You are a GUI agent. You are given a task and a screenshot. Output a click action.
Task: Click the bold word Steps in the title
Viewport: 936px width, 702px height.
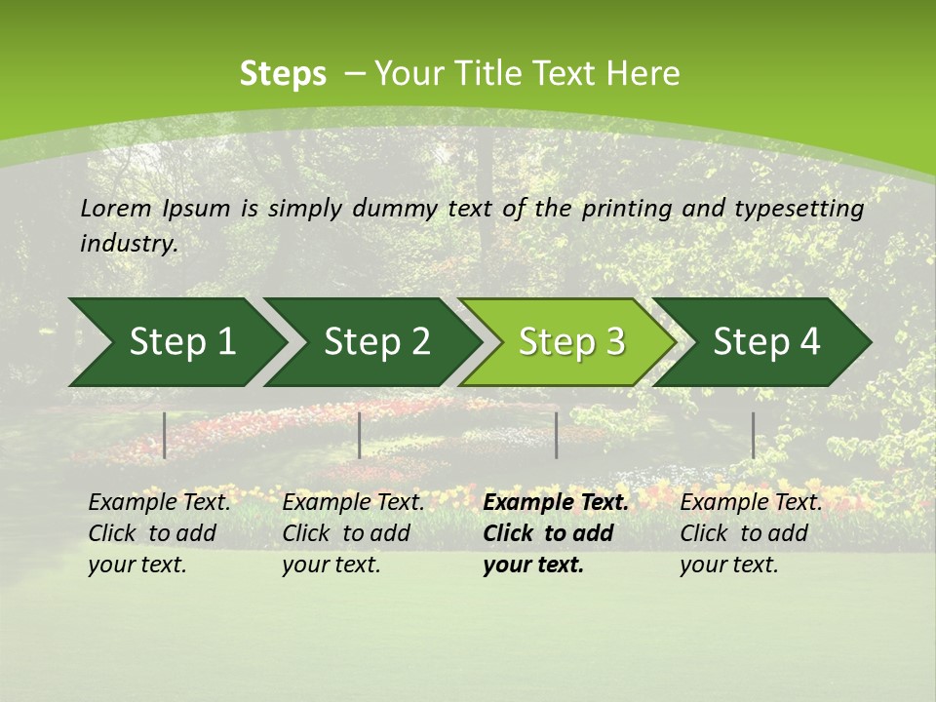283,74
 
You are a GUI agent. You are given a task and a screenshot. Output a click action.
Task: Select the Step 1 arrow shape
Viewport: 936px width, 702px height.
175,342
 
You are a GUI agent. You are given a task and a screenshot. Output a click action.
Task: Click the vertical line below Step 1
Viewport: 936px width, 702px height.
165,435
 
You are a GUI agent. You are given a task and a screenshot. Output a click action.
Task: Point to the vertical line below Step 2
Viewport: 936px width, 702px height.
360,435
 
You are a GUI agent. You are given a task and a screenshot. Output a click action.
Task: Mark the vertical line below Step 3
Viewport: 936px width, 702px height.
557,435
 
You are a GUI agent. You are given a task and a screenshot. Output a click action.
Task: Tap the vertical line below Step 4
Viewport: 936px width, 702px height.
754,435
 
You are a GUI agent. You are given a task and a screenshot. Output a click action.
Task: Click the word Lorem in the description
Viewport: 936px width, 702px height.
116,208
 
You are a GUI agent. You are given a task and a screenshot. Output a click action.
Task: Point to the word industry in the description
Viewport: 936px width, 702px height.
129,244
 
